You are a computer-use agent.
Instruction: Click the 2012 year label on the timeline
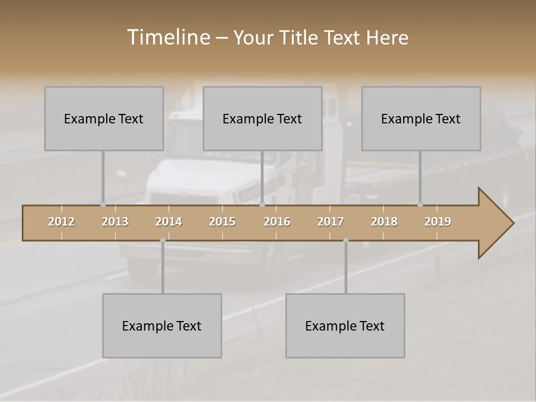tap(61, 222)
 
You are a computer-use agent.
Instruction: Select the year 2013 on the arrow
tap(115, 222)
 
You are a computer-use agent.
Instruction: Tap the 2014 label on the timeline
tap(169, 222)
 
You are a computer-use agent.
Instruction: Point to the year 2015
tap(222, 222)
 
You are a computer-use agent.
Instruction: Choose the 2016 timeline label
tap(277, 222)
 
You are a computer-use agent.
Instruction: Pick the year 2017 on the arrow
tap(331, 222)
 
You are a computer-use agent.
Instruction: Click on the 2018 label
tap(384, 222)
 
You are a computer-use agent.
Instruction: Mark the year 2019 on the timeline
tap(438, 222)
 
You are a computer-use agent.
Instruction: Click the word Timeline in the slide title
tap(168, 37)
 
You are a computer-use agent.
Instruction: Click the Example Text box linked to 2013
tap(104, 118)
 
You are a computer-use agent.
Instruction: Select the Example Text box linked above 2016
tap(262, 118)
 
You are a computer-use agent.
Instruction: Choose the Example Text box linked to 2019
tap(421, 118)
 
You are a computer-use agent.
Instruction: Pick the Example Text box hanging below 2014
tap(162, 326)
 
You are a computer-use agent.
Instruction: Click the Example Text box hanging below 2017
tap(345, 326)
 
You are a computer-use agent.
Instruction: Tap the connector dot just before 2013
tap(103, 204)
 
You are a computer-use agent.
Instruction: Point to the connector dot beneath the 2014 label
tap(162, 240)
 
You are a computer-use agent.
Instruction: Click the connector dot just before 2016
tap(262, 204)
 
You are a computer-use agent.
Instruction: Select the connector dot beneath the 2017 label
tap(346, 240)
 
